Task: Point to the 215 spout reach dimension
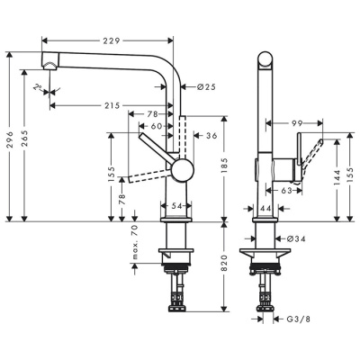(x=112, y=105)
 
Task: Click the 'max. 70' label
(x=134, y=244)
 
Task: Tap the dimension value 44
(x=265, y=208)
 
